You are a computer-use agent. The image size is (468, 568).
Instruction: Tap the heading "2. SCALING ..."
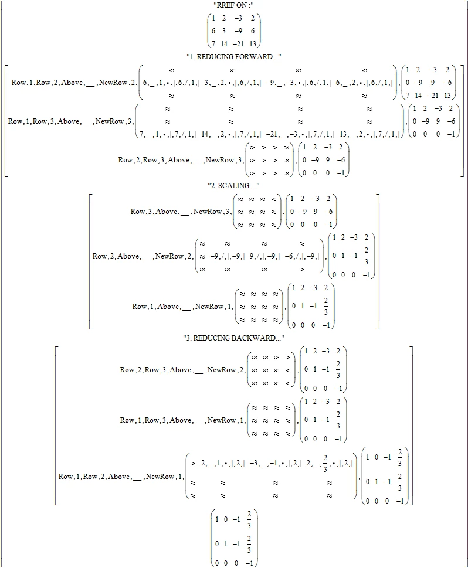[x=234, y=185]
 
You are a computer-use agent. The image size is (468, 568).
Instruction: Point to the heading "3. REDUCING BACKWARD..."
[x=234, y=338]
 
